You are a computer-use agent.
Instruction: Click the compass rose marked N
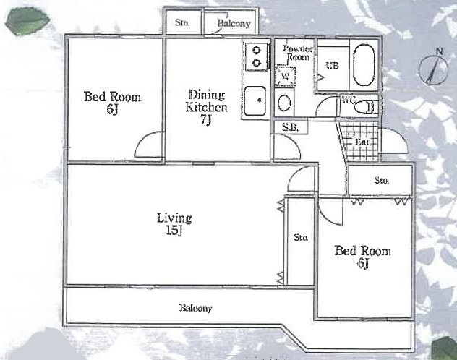coord(434,69)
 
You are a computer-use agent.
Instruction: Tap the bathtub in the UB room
coord(364,65)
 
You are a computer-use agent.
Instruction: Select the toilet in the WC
coord(365,107)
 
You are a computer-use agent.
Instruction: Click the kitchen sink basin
coord(255,100)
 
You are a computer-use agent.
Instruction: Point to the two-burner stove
coord(257,56)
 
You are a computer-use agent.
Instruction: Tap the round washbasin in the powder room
coord(284,103)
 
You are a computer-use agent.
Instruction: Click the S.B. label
coord(290,127)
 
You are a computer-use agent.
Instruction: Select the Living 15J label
coord(174,224)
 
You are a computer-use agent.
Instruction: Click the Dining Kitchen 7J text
coord(206,107)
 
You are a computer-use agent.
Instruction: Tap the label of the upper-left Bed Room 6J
coord(112,102)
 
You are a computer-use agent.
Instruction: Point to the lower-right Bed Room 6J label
coord(362,257)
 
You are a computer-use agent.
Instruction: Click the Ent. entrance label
coord(363,142)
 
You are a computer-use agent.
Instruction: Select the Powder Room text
coord(298,53)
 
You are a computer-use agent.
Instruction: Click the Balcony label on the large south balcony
coord(195,308)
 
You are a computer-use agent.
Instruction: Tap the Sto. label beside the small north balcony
coord(182,22)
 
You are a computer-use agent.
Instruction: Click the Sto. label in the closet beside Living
coord(301,237)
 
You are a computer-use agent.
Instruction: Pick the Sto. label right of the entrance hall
coord(382,181)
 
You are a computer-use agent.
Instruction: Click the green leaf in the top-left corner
coord(27,22)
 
